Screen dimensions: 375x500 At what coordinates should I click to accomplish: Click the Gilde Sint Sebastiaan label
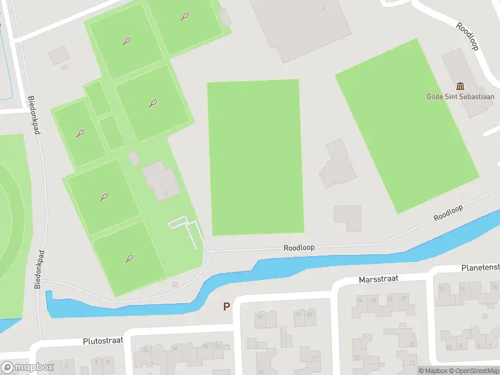(x=460, y=97)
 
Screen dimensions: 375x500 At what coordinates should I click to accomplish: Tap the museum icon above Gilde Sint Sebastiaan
(x=461, y=86)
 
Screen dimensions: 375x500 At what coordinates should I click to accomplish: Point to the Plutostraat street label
(x=103, y=341)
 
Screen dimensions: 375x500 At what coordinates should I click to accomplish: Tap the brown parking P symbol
(x=226, y=307)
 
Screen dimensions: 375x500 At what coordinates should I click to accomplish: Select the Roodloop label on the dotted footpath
(x=299, y=247)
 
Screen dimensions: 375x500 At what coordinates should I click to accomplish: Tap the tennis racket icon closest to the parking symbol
(x=129, y=258)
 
